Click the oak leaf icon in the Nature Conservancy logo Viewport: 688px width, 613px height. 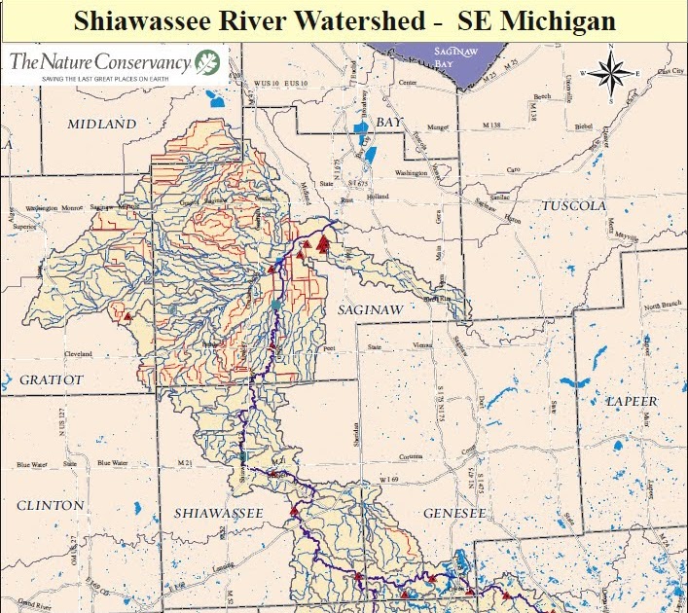point(206,63)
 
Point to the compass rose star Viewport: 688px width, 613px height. point(610,71)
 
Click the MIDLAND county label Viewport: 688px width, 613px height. point(101,125)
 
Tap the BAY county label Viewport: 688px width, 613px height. point(389,123)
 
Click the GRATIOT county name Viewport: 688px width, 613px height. point(52,379)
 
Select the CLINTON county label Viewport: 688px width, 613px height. point(50,505)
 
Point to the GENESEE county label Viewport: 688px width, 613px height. point(453,512)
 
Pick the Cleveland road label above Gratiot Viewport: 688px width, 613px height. point(78,353)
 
